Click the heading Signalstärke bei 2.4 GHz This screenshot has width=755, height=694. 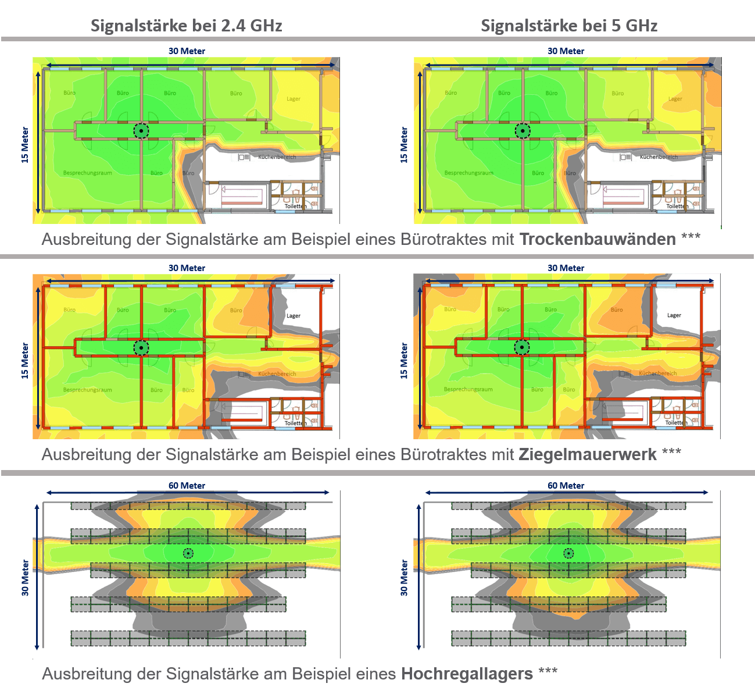186,26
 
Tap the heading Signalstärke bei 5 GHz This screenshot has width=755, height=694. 569,26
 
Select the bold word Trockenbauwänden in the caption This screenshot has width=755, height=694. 597,239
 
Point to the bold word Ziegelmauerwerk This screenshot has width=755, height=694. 588,454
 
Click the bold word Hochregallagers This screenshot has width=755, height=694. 467,674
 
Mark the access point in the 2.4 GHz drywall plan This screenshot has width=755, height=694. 141,131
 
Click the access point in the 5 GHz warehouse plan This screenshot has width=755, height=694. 569,553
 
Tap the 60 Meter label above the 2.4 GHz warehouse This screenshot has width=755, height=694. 187,485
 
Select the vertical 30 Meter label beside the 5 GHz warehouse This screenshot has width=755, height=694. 404,578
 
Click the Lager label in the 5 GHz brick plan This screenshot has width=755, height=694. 674,315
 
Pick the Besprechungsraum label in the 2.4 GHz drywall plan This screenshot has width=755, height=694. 88,173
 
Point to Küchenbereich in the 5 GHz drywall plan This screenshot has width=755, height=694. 659,157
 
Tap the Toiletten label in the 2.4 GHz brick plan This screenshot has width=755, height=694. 295,423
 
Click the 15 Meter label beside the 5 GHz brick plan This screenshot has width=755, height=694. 404,361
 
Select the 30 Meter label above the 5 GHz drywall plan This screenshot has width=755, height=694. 566,51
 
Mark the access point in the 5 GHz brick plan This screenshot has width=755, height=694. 522,347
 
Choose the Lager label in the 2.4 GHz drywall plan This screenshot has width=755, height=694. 294,99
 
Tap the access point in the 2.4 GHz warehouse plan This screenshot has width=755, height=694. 188,553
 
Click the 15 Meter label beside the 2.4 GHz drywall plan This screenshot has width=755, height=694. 25,145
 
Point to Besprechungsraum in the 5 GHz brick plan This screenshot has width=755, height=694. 468,389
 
